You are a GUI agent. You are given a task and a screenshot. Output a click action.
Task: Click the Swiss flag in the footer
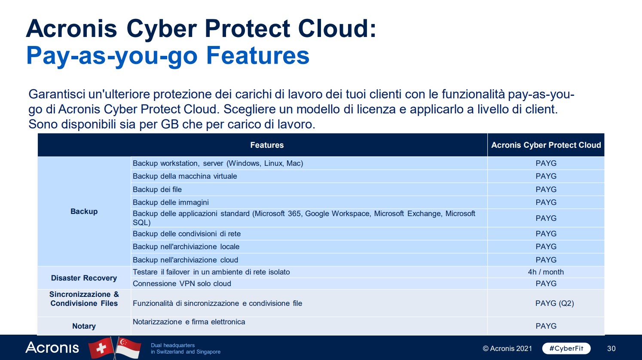(x=101, y=348)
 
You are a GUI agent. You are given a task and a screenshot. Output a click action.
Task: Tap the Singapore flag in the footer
(x=128, y=348)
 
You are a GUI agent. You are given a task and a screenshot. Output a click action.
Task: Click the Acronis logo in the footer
(x=52, y=348)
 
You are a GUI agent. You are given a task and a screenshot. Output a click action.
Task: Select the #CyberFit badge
(x=566, y=348)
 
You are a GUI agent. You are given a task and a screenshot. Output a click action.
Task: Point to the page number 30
(x=611, y=348)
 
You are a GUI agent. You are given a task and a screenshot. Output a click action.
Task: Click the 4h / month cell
(x=546, y=272)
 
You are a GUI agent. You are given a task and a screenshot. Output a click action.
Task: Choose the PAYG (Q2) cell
(x=555, y=303)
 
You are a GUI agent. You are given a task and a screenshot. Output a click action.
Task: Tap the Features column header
(x=267, y=145)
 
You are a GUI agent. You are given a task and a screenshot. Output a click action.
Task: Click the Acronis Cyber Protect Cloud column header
(x=546, y=145)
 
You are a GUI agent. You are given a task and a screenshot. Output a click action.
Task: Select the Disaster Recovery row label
(x=84, y=278)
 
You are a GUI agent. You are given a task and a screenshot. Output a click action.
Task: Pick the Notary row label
(x=84, y=326)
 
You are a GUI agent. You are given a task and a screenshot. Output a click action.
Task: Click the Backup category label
(x=84, y=211)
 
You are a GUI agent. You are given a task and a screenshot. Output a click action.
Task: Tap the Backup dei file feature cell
(x=157, y=189)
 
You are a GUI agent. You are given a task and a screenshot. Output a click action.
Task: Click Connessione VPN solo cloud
(x=182, y=284)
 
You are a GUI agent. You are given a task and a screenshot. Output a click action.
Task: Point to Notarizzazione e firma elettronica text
(x=189, y=322)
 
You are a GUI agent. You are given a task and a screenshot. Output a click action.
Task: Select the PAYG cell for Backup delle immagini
(x=546, y=202)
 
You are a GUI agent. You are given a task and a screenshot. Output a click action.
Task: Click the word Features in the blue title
(x=258, y=55)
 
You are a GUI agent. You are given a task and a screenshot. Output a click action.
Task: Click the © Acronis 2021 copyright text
(x=507, y=348)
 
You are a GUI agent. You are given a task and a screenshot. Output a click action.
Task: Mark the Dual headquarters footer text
(x=186, y=348)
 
